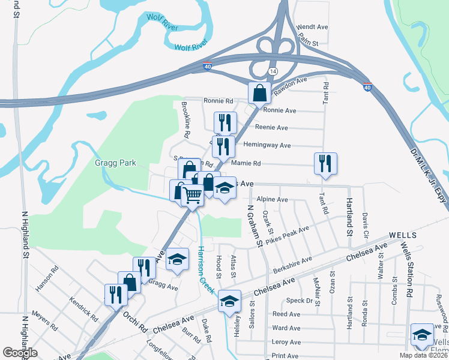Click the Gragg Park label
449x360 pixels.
tap(116, 163)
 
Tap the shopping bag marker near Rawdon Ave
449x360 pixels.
tap(260, 94)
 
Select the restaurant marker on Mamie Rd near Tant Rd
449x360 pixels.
tap(325, 163)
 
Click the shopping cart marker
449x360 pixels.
tap(191, 194)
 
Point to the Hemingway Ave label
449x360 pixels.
tap(267, 145)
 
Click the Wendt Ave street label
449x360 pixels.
tap(313, 27)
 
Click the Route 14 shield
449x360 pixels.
tap(273, 71)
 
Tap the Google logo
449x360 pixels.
tap(20, 352)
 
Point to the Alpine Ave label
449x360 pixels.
tap(273, 199)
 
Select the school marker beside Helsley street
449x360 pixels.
tap(229, 301)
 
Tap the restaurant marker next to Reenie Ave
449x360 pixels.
tap(226, 123)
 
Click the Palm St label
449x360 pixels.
tap(308, 42)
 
